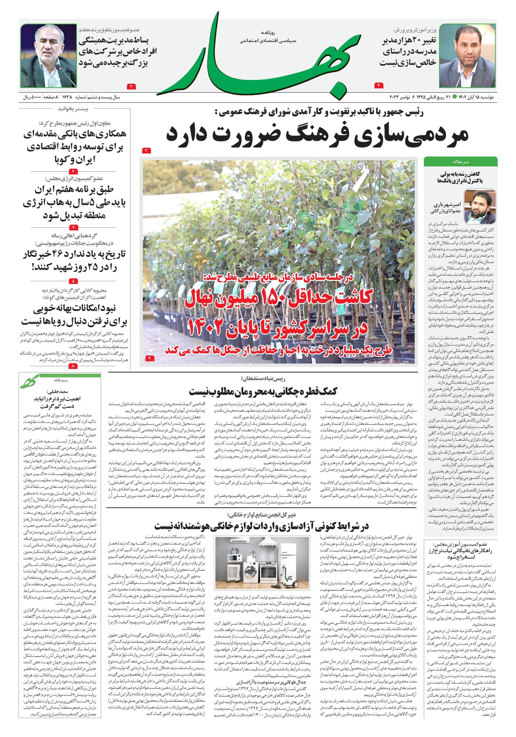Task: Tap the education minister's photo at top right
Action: pyautogui.click(x=467, y=55)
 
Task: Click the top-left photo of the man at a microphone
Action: pyautogui.click(x=49, y=55)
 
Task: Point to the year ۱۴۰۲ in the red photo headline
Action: pyautogui.click(x=209, y=327)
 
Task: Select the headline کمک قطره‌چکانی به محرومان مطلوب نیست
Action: pyautogui.click(x=263, y=391)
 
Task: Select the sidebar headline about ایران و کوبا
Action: pyautogui.click(x=75, y=147)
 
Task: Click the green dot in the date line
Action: pyautogui.click(x=454, y=96)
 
